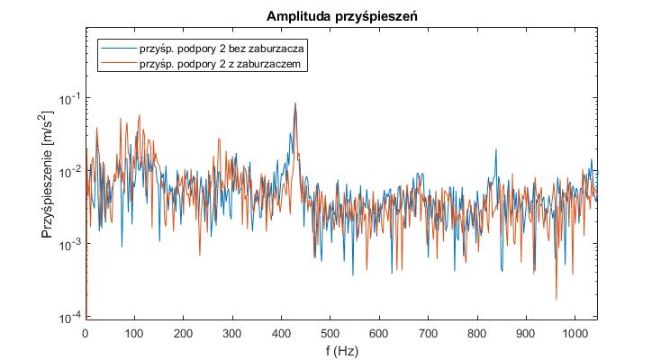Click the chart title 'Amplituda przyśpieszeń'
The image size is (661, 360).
click(x=340, y=17)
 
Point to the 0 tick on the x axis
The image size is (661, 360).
click(x=86, y=331)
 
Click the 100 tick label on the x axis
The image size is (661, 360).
click(x=134, y=331)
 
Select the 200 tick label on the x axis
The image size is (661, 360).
click(x=184, y=331)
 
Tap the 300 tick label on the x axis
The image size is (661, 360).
click(x=232, y=331)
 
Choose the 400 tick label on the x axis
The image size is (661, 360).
click(x=282, y=331)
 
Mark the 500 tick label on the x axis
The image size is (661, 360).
click(x=330, y=331)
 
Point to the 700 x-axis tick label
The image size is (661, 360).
click(x=429, y=331)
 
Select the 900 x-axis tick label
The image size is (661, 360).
click(x=527, y=331)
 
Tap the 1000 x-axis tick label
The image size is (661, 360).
click(x=576, y=331)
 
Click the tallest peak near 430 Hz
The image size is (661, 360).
click(x=295, y=103)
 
